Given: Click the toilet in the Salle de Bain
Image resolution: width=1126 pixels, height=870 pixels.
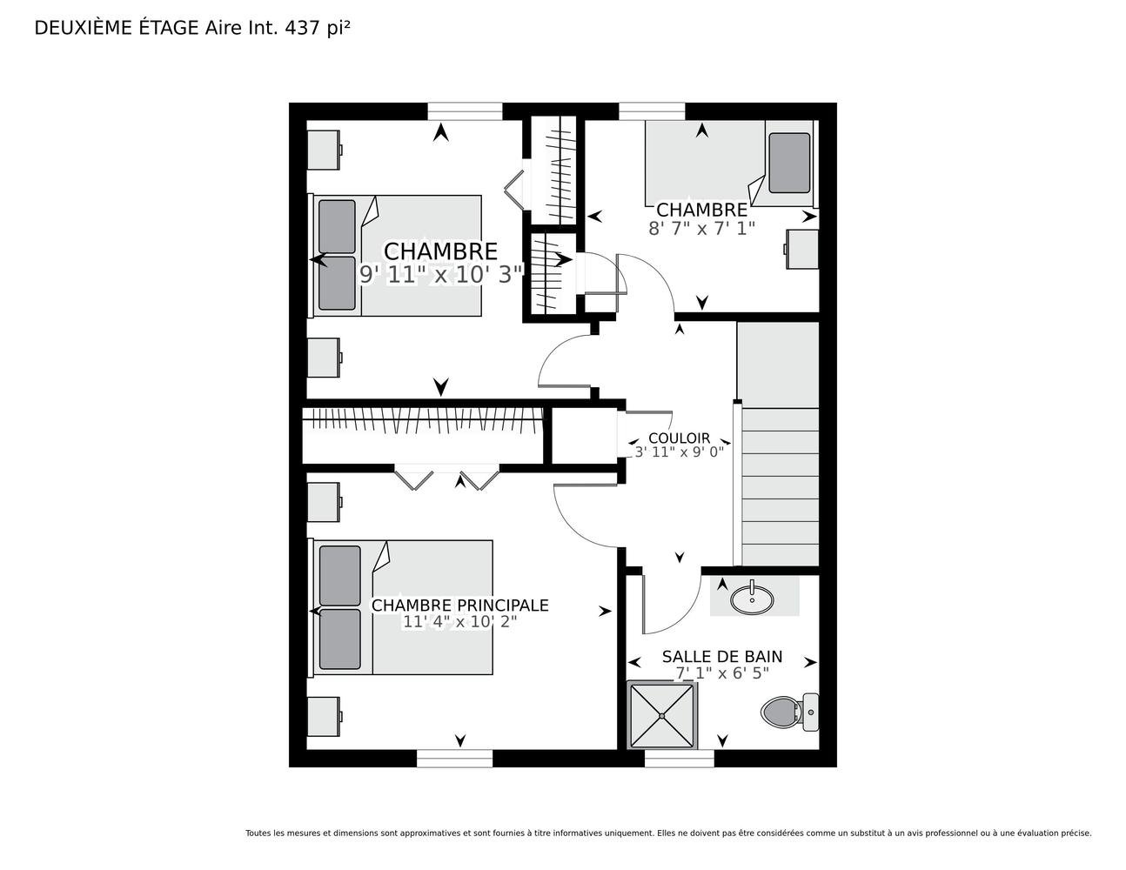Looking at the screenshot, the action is tap(789, 712).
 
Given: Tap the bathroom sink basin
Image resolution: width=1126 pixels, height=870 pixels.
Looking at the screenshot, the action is tap(751, 599).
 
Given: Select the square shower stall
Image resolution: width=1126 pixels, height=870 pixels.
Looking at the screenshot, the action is tap(662, 715).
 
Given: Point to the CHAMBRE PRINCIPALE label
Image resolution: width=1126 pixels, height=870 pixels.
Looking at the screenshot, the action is tap(460, 605).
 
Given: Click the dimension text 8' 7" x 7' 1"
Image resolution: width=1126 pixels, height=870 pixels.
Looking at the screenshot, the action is tap(701, 228).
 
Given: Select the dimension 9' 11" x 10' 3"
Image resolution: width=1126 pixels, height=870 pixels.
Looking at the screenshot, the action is tap(440, 274).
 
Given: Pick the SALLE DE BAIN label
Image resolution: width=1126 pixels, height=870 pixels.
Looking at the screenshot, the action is tap(722, 656).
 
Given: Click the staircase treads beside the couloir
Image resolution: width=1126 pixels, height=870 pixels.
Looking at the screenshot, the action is tap(780, 486).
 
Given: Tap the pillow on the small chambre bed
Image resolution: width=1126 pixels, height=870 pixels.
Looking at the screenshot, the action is tap(789, 163).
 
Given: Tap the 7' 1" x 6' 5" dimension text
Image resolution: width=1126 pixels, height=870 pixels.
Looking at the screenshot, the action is tap(722, 673).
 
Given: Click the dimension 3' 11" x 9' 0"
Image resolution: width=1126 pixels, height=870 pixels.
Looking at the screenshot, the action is tap(680, 452).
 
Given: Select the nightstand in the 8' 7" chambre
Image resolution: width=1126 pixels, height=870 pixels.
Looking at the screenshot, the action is tap(802, 249).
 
